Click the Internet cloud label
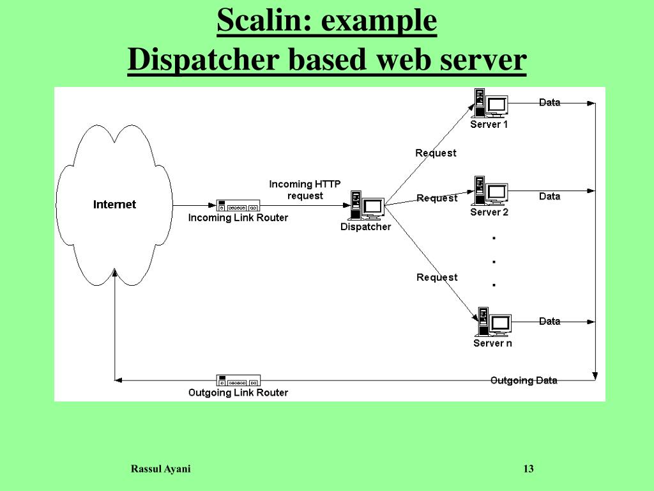tap(115, 205)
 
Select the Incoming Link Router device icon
tap(238, 205)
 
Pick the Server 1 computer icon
tap(490, 103)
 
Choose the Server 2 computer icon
tap(490, 191)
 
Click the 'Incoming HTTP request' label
tap(305, 190)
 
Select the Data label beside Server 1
tap(549, 102)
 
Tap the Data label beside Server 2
tap(549, 196)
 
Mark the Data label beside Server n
tap(549, 321)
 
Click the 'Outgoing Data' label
tap(524, 380)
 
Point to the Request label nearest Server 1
tap(436, 153)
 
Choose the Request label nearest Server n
tap(437, 277)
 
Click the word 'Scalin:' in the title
tap(265, 21)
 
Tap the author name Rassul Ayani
tap(160, 469)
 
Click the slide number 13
tap(528, 469)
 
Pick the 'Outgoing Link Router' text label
tap(238, 393)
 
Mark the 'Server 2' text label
tap(489, 212)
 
